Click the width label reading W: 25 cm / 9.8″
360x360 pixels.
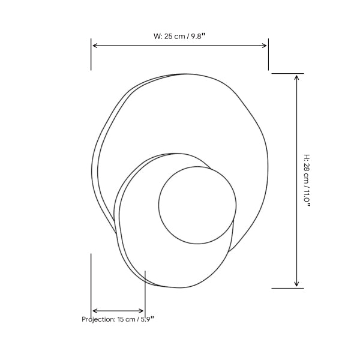point(179,36)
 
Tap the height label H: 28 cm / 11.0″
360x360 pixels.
point(307,181)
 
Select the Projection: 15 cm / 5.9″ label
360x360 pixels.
point(118,319)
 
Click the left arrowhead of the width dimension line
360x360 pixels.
point(95,46)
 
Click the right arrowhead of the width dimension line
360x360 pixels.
point(264,46)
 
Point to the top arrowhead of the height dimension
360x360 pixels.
point(296,77)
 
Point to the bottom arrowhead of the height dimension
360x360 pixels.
point(296,284)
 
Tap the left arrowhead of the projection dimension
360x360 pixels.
point(95,311)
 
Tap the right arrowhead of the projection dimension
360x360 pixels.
point(141,311)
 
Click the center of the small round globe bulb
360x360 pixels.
point(197,205)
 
